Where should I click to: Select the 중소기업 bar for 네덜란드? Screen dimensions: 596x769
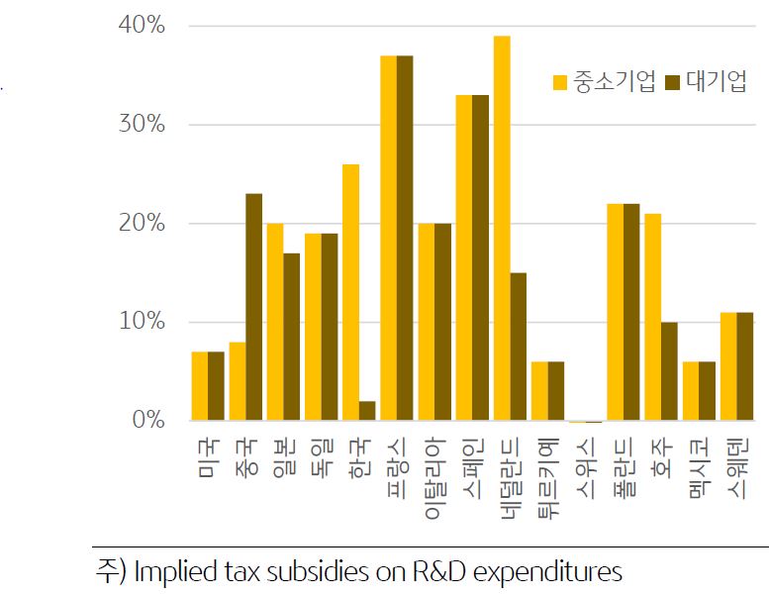[x=502, y=228]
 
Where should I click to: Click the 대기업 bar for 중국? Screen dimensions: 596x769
[x=253, y=307]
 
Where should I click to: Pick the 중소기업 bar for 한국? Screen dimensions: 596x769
[x=350, y=292]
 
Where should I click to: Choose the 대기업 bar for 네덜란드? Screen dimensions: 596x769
[x=519, y=347]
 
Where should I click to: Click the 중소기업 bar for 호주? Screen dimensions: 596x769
[x=653, y=317]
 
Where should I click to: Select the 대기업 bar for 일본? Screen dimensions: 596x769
[x=291, y=337]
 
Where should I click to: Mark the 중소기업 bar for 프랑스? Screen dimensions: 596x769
[x=388, y=238]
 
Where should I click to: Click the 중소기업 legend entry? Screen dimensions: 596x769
[x=604, y=82]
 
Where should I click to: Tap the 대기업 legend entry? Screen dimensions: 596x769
[x=707, y=82]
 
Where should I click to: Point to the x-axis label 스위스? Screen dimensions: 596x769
[x=585, y=461]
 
